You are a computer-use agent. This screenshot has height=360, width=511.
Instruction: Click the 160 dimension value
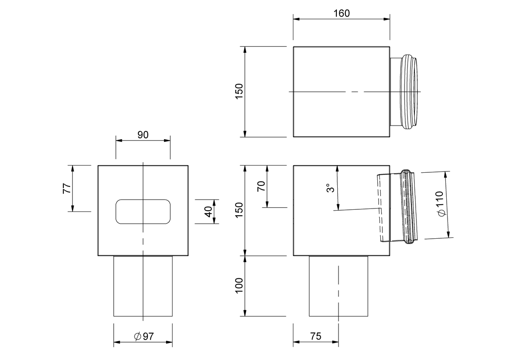[x=342, y=14]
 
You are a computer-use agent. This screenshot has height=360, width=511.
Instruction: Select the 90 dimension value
[x=143, y=135]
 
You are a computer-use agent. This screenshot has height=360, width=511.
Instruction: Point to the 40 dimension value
[x=208, y=212]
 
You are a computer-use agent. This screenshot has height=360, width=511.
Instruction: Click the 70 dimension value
[x=261, y=186]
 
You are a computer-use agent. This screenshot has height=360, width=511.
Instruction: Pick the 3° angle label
[x=330, y=188]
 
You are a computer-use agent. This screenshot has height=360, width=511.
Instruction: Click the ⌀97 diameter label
[x=144, y=336]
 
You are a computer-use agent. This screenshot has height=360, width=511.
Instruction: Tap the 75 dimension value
[x=316, y=336]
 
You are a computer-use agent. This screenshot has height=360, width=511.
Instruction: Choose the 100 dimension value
[x=239, y=286]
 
